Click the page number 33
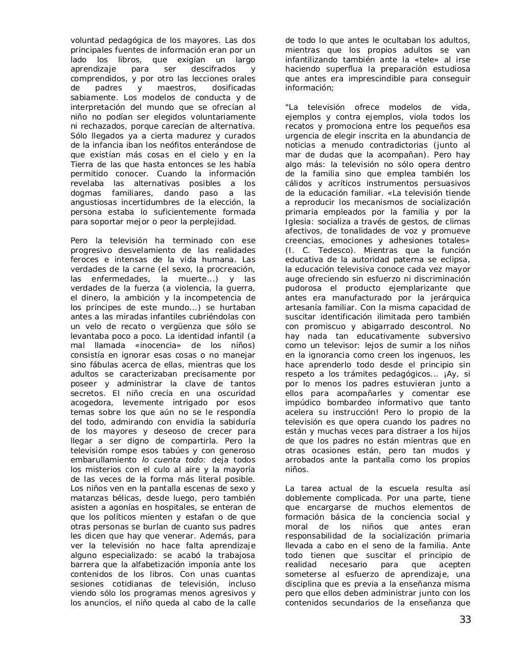click(465, 620)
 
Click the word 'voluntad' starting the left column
click(86, 40)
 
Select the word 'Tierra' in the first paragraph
click(81, 165)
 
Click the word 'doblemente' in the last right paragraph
click(307, 498)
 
